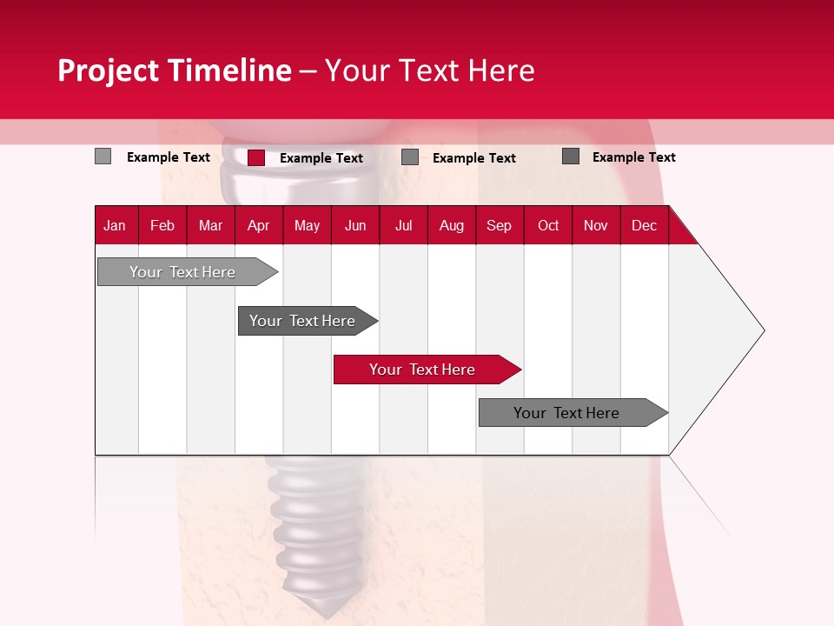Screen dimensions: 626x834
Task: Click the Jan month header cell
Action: (115, 225)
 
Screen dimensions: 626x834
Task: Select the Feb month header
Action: (162, 225)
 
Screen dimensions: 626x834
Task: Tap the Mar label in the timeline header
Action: (210, 225)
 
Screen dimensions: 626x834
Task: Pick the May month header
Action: (307, 225)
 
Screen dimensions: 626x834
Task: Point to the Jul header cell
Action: (403, 225)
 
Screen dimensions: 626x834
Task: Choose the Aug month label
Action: (451, 225)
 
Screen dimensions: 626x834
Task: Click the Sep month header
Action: (499, 225)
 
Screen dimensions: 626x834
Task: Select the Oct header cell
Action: (547, 225)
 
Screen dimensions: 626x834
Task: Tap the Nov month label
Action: (595, 225)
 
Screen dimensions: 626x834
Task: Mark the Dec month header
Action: (644, 225)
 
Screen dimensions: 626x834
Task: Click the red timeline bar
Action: (421, 370)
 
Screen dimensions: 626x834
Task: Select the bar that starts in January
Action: (182, 272)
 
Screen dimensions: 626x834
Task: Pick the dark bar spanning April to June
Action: (302, 321)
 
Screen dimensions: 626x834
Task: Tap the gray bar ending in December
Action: (566, 413)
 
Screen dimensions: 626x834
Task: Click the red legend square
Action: (256, 157)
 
